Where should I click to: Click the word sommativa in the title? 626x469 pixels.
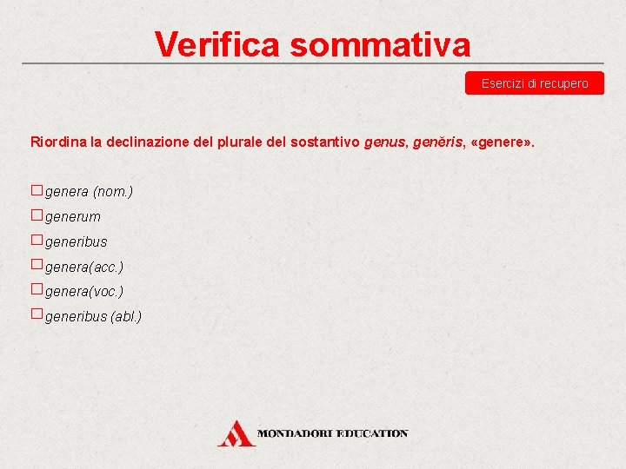380,43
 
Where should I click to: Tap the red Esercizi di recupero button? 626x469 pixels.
535,83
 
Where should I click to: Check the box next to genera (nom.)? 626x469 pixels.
37,190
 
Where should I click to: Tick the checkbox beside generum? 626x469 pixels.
37,215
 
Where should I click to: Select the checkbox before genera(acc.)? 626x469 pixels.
37,264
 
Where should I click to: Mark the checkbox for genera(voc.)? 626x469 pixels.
37,288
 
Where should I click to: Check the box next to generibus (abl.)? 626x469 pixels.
37,314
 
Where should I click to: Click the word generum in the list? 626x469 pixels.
73,216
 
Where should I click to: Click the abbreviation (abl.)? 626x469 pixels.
126,316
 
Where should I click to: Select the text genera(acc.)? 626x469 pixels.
84,267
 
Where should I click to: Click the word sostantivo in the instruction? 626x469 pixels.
330,141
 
